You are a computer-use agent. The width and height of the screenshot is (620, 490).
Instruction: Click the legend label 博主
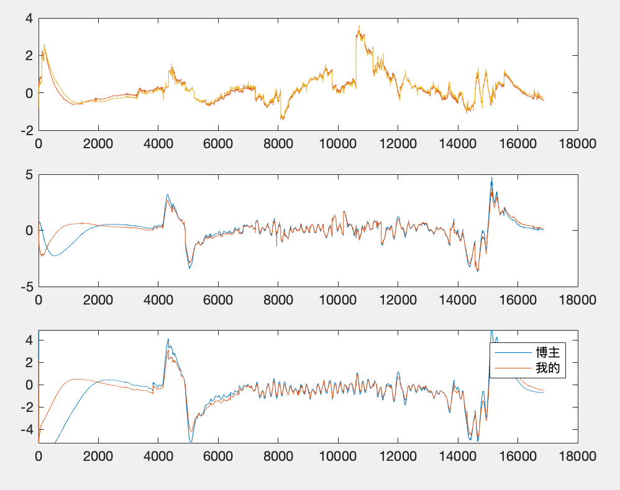547,353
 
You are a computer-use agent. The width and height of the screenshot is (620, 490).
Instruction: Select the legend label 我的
547,368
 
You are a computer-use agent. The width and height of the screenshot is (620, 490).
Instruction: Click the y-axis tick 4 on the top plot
28,18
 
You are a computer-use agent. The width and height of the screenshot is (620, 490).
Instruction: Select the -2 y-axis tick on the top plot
25,130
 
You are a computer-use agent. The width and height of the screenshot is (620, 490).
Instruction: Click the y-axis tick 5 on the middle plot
28,174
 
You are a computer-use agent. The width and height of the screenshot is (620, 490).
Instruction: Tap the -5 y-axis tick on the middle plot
25,287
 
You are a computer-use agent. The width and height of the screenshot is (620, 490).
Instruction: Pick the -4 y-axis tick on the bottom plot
25,429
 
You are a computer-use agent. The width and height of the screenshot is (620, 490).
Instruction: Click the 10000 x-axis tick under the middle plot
338,300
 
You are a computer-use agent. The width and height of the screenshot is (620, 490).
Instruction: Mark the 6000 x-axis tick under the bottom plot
218,457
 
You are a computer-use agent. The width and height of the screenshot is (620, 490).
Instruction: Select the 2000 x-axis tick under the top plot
98,144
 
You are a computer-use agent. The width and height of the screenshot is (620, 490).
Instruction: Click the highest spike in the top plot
358,27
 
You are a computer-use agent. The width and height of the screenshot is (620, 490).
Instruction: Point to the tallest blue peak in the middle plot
492,178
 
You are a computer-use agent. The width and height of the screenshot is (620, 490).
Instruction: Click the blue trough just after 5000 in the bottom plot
191,441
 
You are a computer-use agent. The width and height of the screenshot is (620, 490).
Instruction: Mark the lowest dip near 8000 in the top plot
281,119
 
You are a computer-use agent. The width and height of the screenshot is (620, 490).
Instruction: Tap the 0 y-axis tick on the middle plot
28,230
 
